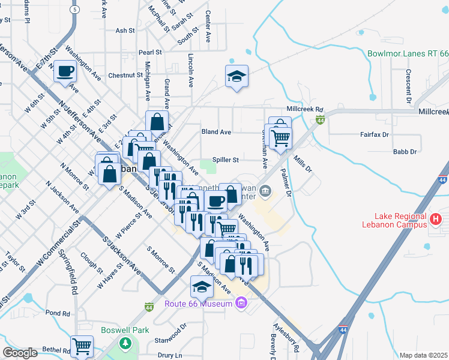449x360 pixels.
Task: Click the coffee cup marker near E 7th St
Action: click(65, 71)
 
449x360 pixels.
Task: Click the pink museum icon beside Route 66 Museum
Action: click(241, 304)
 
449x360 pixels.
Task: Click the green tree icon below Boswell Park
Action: click(125, 343)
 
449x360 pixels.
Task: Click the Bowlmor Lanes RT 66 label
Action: click(408, 54)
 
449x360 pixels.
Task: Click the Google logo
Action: click(20, 353)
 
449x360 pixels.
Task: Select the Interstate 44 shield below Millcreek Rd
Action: click(321, 121)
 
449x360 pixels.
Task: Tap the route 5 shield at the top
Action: click(74, 10)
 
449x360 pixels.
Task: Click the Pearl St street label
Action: click(150, 52)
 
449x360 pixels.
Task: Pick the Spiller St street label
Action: click(228, 160)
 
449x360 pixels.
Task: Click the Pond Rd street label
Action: click(58, 313)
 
